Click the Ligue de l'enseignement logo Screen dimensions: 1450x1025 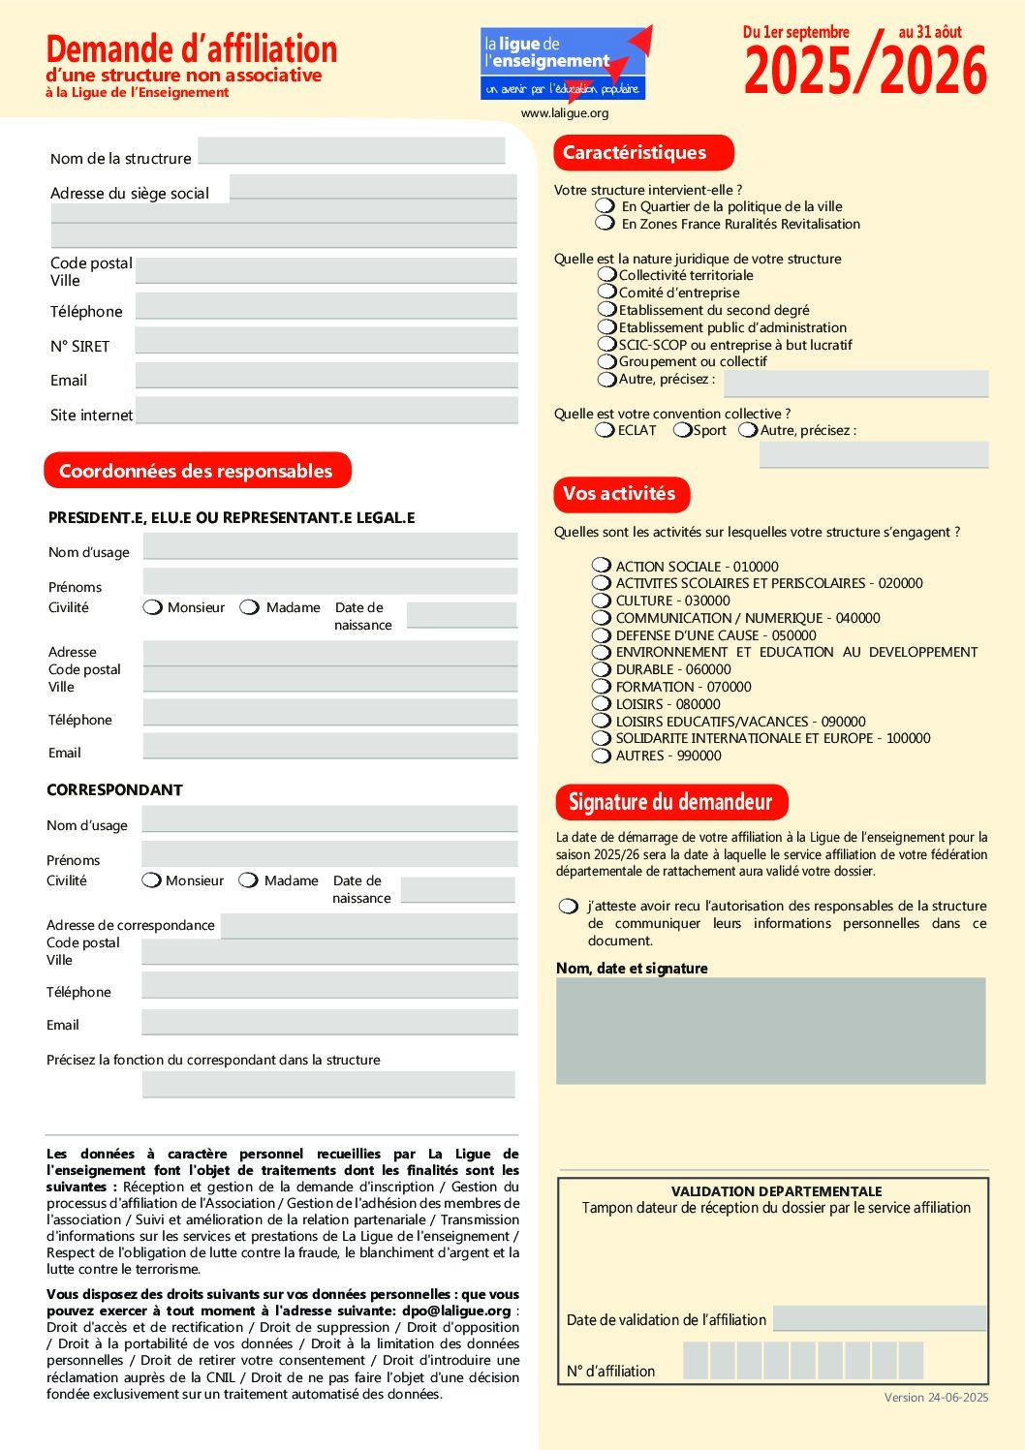coord(564,64)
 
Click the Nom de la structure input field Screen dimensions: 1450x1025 coord(351,151)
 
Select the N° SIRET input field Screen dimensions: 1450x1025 coord(326,341)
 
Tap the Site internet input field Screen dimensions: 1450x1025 coord(326,411)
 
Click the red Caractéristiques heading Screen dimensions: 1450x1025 coord(643,153)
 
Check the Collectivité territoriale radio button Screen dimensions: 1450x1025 coord(607,275)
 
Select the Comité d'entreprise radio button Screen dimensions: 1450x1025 coord(607,292)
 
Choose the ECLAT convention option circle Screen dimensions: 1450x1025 coord(605,430)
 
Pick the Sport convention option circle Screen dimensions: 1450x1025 coord(682,430)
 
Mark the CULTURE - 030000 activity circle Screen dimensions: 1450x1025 coord(602,601)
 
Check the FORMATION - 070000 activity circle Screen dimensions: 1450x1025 coord(602,687)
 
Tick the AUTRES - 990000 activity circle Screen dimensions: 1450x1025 coord(602,756)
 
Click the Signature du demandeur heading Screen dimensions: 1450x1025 coord(670,802)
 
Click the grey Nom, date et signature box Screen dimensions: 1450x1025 coord(770,1031)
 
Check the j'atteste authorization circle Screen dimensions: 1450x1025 coord(568,907)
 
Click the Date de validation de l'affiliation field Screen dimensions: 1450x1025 coord(879,1318)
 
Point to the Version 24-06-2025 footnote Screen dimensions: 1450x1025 coord(936,1398)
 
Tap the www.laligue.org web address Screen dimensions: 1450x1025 coord(565,113)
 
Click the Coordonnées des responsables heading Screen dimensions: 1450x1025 coord(197,471)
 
